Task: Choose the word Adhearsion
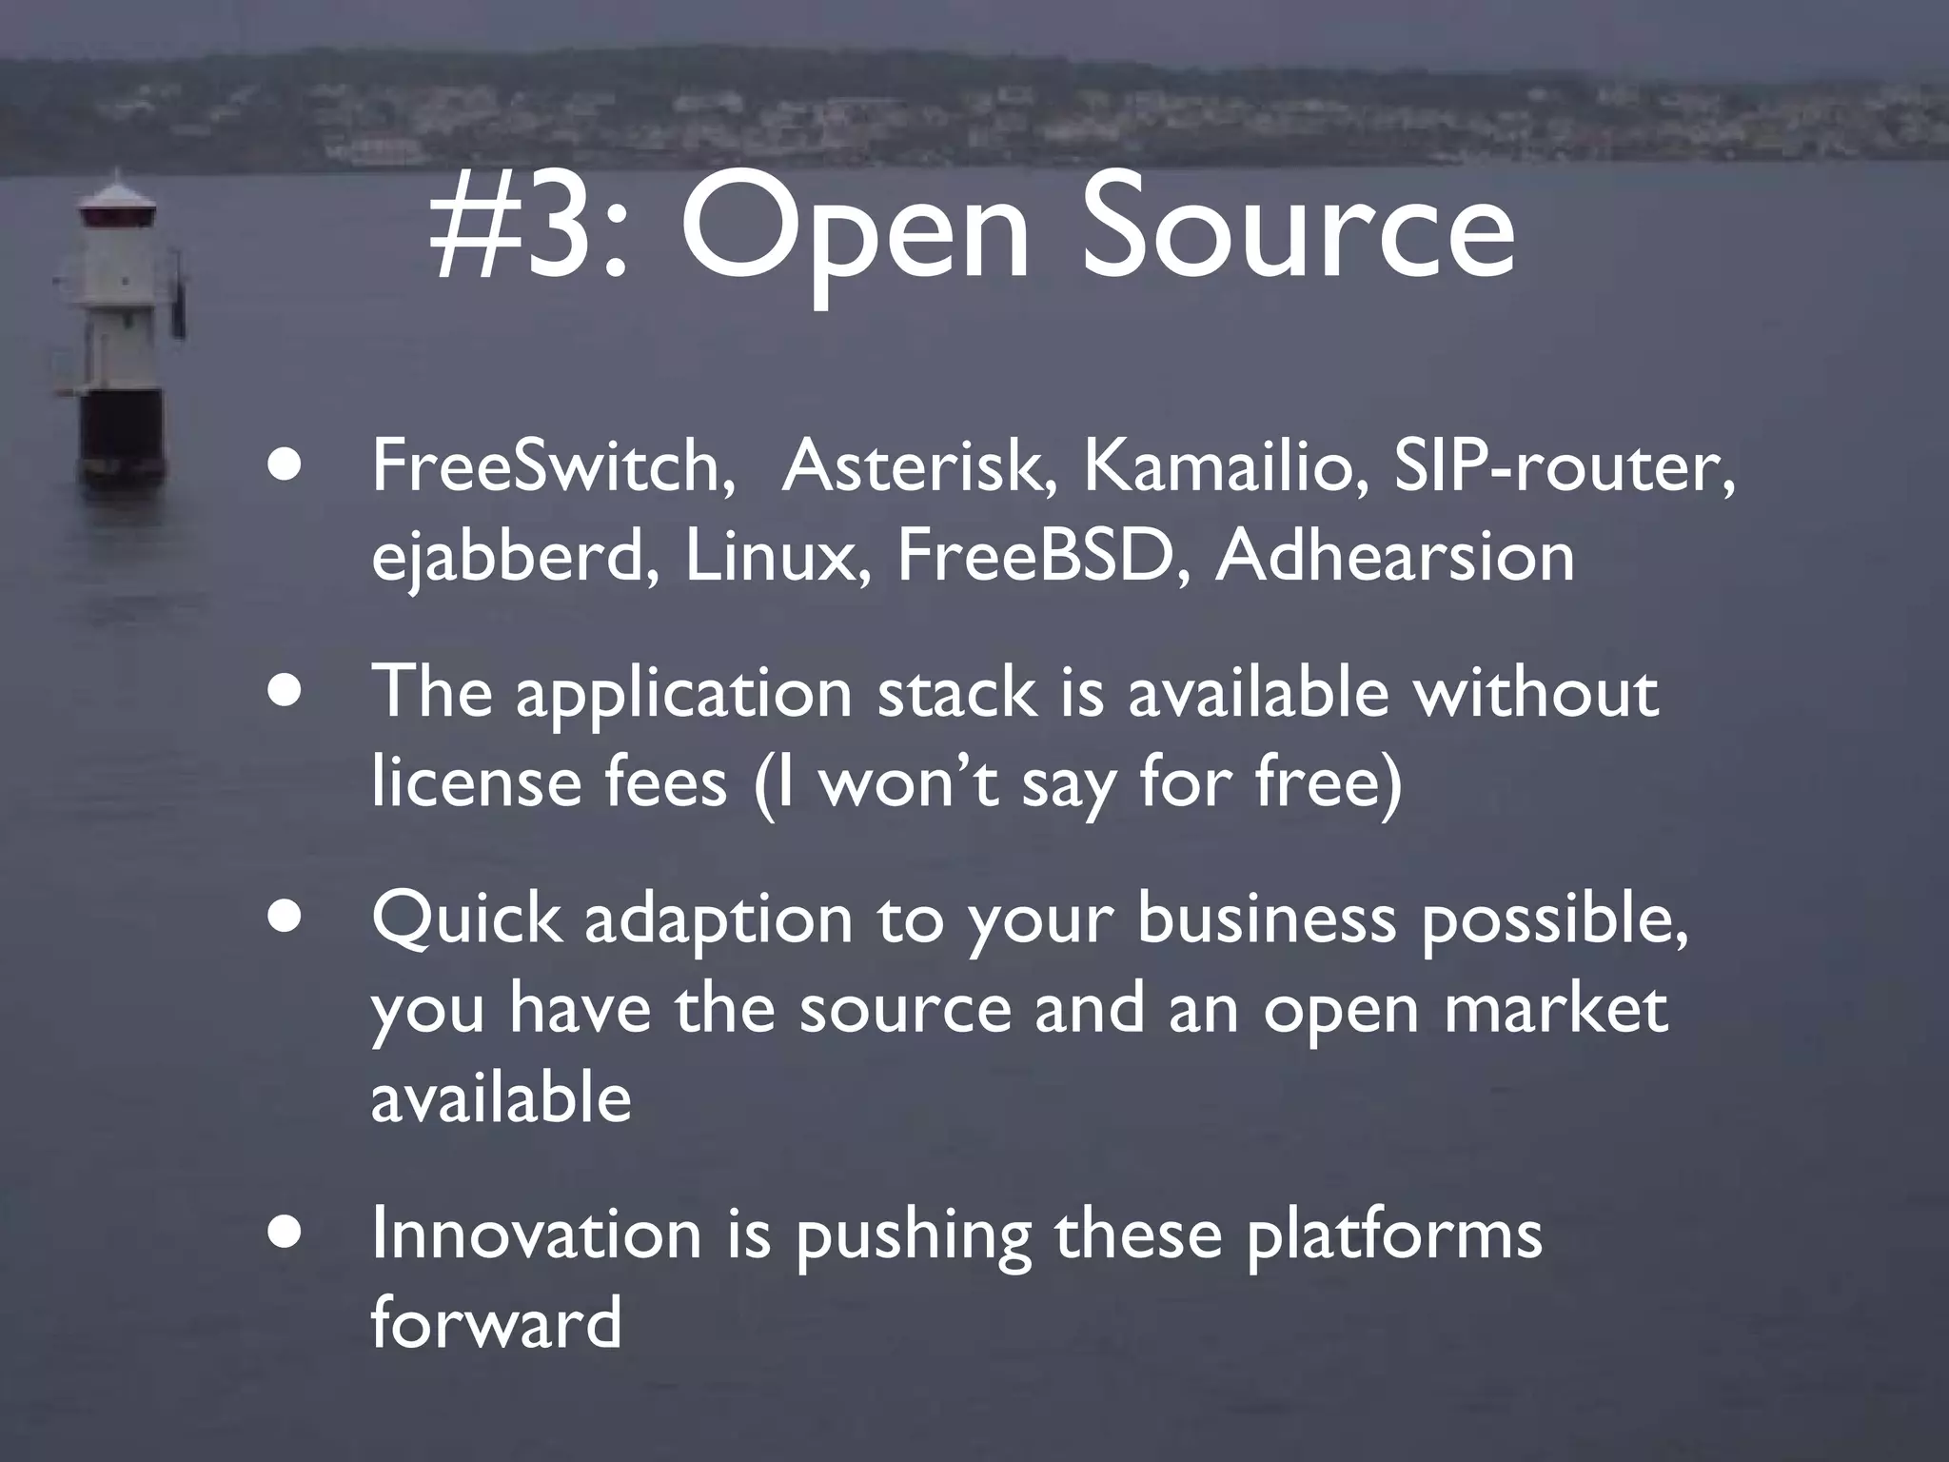(1395, 556)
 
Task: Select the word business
(1267, 919)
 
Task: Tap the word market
(1555, 1009)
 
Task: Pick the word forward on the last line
(496, 1323)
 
